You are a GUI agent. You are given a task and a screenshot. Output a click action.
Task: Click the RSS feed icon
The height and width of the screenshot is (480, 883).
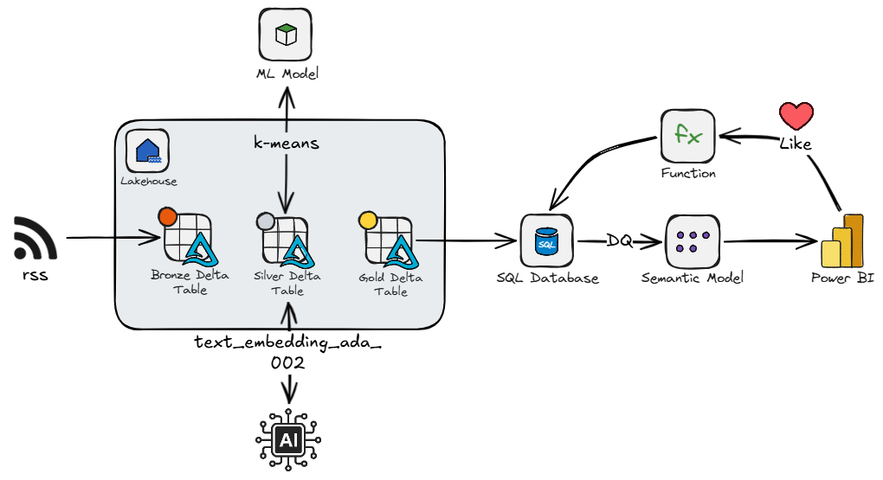[x=35, y=238]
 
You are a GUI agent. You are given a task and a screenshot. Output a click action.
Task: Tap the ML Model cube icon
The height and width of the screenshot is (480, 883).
[x=286, y=35]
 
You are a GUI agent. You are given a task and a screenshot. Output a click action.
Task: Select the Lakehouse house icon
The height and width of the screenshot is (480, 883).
[x=147, y=150]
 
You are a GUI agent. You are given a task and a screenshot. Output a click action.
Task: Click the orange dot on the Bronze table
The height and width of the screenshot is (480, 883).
[x=168, y=216]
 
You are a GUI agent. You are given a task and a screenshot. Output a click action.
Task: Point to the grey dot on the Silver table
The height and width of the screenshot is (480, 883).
[x=265, y=221]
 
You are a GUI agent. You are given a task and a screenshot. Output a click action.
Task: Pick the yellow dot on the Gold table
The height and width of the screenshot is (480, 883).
[x=368, y=220]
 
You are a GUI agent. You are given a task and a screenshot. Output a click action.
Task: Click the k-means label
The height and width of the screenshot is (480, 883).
[x=286, y=143]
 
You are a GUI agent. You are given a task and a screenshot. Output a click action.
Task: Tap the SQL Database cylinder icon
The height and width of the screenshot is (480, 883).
[x=546, y=240]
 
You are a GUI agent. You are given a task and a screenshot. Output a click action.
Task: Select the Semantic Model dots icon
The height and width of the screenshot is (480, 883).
[x=693, y=241]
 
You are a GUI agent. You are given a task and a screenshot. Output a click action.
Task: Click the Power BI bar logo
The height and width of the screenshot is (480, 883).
[x=842, y=240]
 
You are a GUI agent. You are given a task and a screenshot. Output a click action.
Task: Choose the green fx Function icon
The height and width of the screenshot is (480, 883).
[x=688, y=135]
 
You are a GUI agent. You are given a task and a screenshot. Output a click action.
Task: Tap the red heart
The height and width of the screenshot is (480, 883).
[x=796, y=115]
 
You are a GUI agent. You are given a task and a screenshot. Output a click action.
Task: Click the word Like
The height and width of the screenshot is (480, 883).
[x=796, y=144]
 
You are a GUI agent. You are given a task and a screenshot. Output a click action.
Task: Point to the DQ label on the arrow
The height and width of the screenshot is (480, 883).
[x=620, y=240]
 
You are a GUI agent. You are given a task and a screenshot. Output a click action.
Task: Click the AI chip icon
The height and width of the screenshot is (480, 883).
[x=288, y=439]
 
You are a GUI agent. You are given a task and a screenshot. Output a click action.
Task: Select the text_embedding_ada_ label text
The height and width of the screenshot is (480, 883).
[x=287, y=342]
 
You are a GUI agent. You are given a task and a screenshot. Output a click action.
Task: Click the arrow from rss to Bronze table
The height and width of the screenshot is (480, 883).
[x=113, y=238]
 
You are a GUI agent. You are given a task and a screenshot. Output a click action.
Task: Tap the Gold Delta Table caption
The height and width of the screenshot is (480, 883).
[x=390, y=285]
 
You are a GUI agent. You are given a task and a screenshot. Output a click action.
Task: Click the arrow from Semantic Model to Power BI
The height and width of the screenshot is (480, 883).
[x=770, y=241]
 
